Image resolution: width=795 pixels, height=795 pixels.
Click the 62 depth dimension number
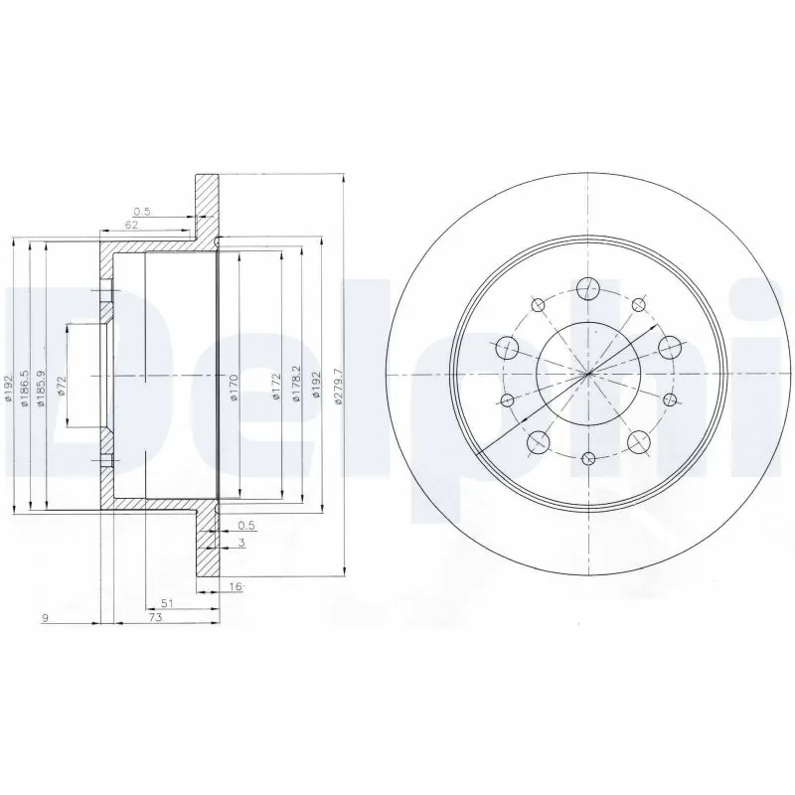131,226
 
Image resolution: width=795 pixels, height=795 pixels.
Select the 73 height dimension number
156,618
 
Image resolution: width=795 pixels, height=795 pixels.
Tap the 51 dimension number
168,603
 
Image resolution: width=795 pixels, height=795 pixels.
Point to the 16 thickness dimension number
236,588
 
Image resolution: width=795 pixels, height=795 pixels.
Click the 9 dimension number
46,618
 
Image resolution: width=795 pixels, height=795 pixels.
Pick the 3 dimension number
241,542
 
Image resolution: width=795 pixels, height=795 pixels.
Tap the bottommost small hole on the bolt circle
588,458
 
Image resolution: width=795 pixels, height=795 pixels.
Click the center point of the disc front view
588,374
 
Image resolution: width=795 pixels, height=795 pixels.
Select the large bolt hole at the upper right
669,347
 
